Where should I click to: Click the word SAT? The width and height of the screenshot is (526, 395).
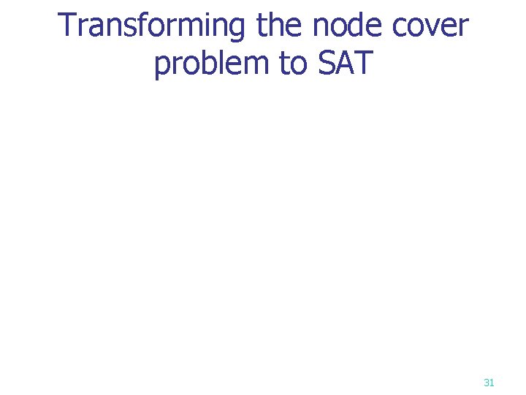tap(345, 64)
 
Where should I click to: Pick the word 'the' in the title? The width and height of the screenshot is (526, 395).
tap(281, 26)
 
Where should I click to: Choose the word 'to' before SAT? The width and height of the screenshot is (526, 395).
tap(292, 64)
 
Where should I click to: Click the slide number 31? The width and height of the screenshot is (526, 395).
tap(489, 382)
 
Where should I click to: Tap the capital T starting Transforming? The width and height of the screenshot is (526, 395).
tap(66, 26)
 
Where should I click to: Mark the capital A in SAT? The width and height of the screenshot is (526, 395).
tap(345, 64)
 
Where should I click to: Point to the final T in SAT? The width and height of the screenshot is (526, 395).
tap(363, 64)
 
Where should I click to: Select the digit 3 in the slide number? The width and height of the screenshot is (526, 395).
tap(487, 382)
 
